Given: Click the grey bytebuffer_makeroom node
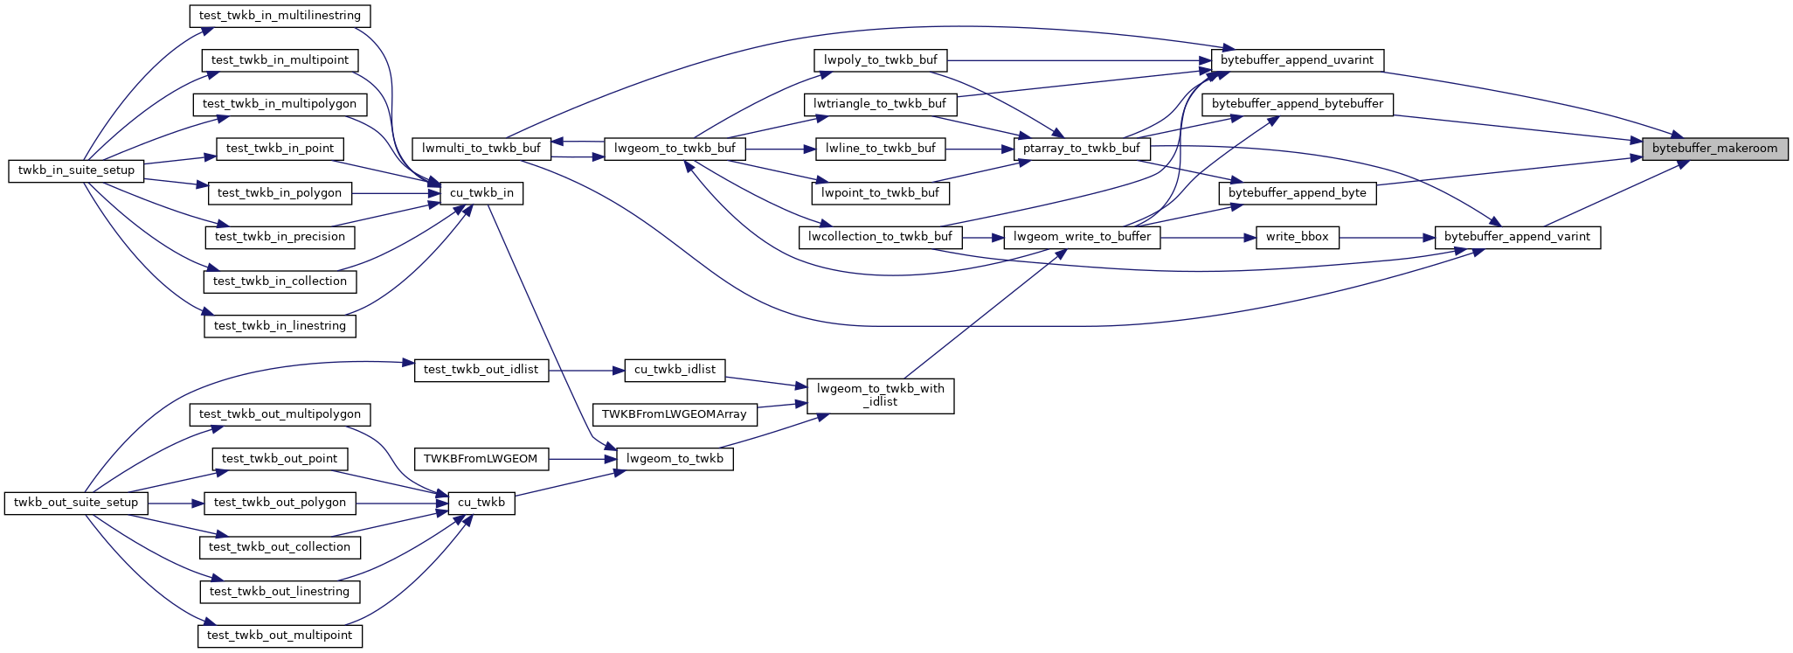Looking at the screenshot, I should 1714,149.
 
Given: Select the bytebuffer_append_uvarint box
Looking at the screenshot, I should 1297,60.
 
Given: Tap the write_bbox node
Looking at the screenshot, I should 1297,237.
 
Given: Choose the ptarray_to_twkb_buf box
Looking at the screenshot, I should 1081,149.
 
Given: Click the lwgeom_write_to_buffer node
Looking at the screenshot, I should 1082,237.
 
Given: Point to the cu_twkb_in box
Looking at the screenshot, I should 481,193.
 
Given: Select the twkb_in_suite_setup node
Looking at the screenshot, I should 76,170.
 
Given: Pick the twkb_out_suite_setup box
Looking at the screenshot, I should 76,503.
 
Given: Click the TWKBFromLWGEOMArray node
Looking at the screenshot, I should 674,414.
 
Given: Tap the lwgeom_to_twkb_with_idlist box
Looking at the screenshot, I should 880,395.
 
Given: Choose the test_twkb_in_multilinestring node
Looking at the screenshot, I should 280,16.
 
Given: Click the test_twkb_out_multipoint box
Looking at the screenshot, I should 280,636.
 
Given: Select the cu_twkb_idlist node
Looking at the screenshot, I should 675,370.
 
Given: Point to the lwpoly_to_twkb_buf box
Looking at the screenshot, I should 880,60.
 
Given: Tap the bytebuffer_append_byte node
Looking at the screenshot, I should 1297,193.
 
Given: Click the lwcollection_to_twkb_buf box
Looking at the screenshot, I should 880,237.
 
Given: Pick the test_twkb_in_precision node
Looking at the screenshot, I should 280,237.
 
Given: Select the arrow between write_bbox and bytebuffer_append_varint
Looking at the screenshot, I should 1387,237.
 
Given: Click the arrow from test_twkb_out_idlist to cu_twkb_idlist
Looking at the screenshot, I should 586,371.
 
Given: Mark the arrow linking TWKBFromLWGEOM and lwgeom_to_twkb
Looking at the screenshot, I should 582,459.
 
